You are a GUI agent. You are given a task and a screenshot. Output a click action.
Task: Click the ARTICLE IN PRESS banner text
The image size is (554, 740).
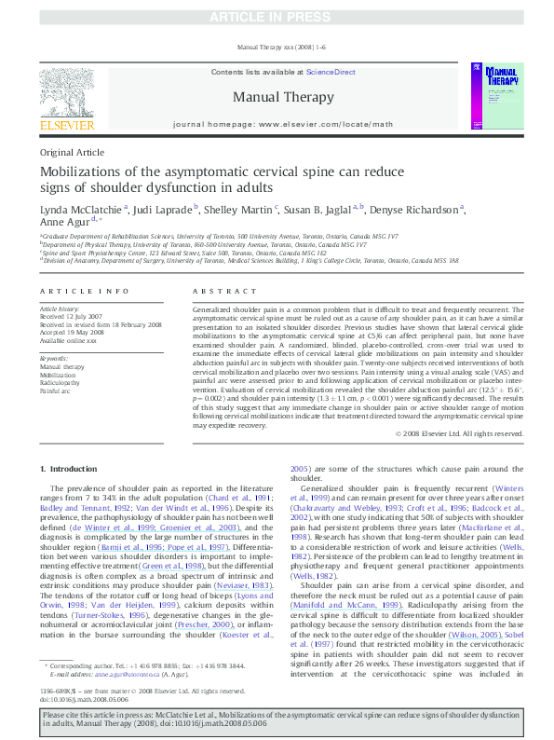276,17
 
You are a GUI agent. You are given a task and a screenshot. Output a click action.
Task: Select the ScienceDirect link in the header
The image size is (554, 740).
331,72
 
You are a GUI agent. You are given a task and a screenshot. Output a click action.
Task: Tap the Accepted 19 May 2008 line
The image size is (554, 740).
73,331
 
